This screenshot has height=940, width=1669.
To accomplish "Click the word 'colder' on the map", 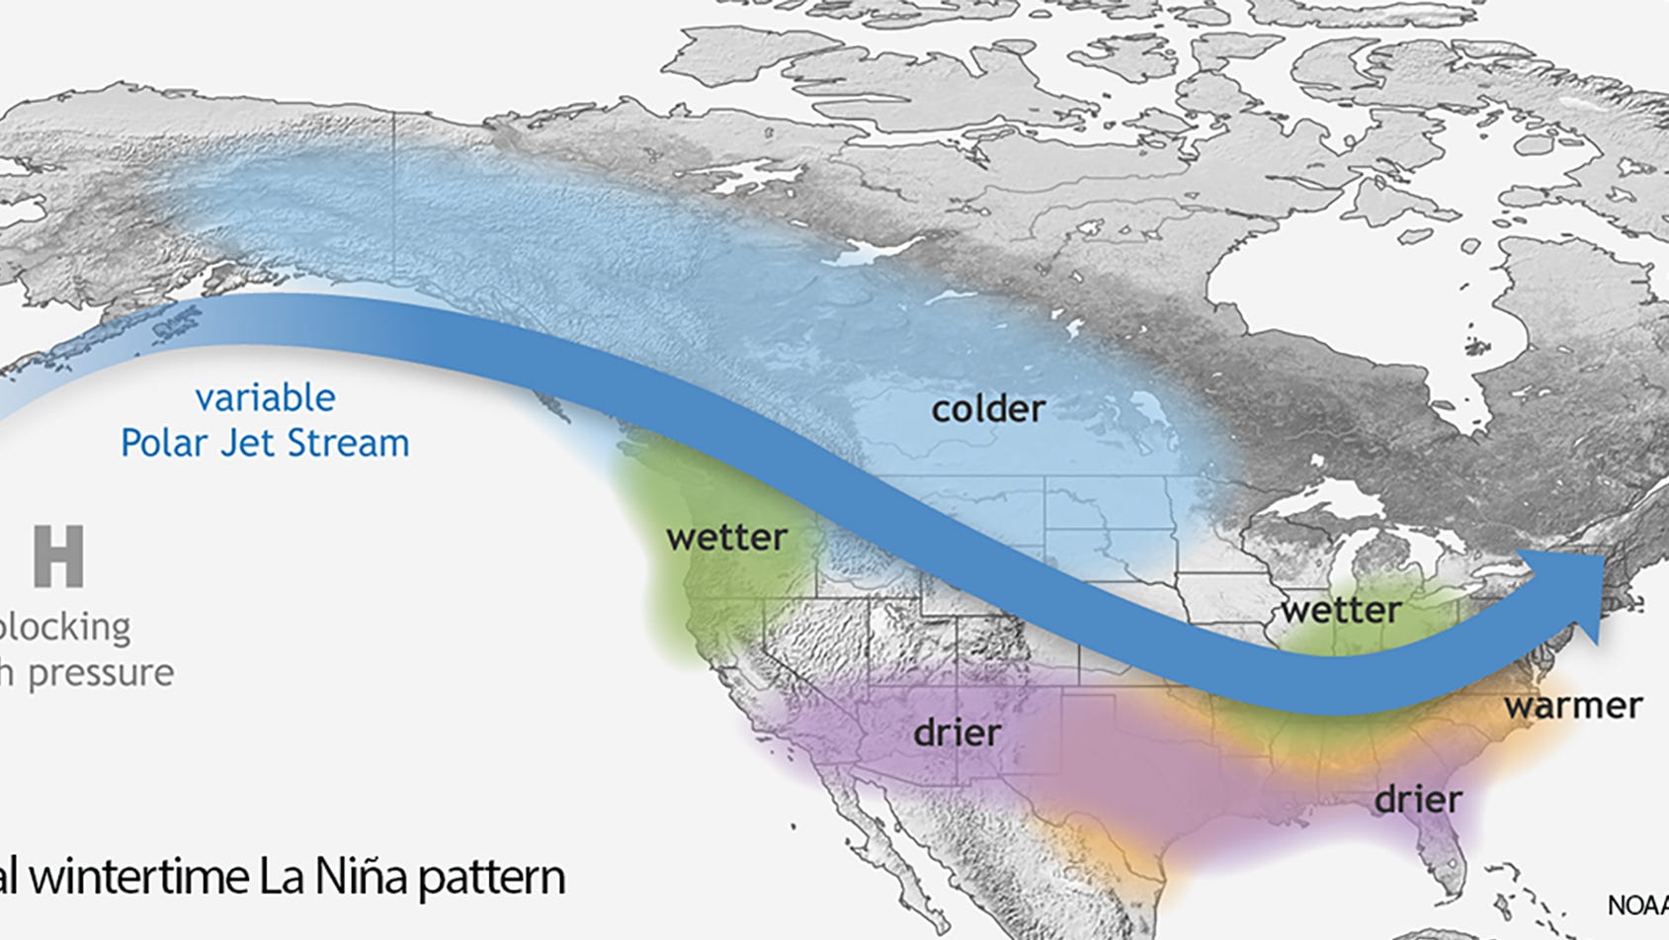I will point(987,409).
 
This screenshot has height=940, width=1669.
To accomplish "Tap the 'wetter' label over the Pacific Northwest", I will point(726,538).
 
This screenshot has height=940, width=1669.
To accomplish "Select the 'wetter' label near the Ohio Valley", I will point(1340,610).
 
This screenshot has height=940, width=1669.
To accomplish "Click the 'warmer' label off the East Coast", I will point(1572,706).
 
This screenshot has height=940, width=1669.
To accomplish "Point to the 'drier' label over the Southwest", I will point(957,733).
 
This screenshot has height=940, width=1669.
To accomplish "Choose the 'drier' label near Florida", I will point(1417,799).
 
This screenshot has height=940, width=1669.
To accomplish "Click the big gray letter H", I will point(58,556).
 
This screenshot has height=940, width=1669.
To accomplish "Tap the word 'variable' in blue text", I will point(265,397).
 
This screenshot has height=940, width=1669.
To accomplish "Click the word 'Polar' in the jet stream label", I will point(165,444).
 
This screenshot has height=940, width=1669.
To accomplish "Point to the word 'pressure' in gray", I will point(100,674).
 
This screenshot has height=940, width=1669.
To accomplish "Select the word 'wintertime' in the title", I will point(137,877).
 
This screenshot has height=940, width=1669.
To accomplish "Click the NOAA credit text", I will point(1636,905).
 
